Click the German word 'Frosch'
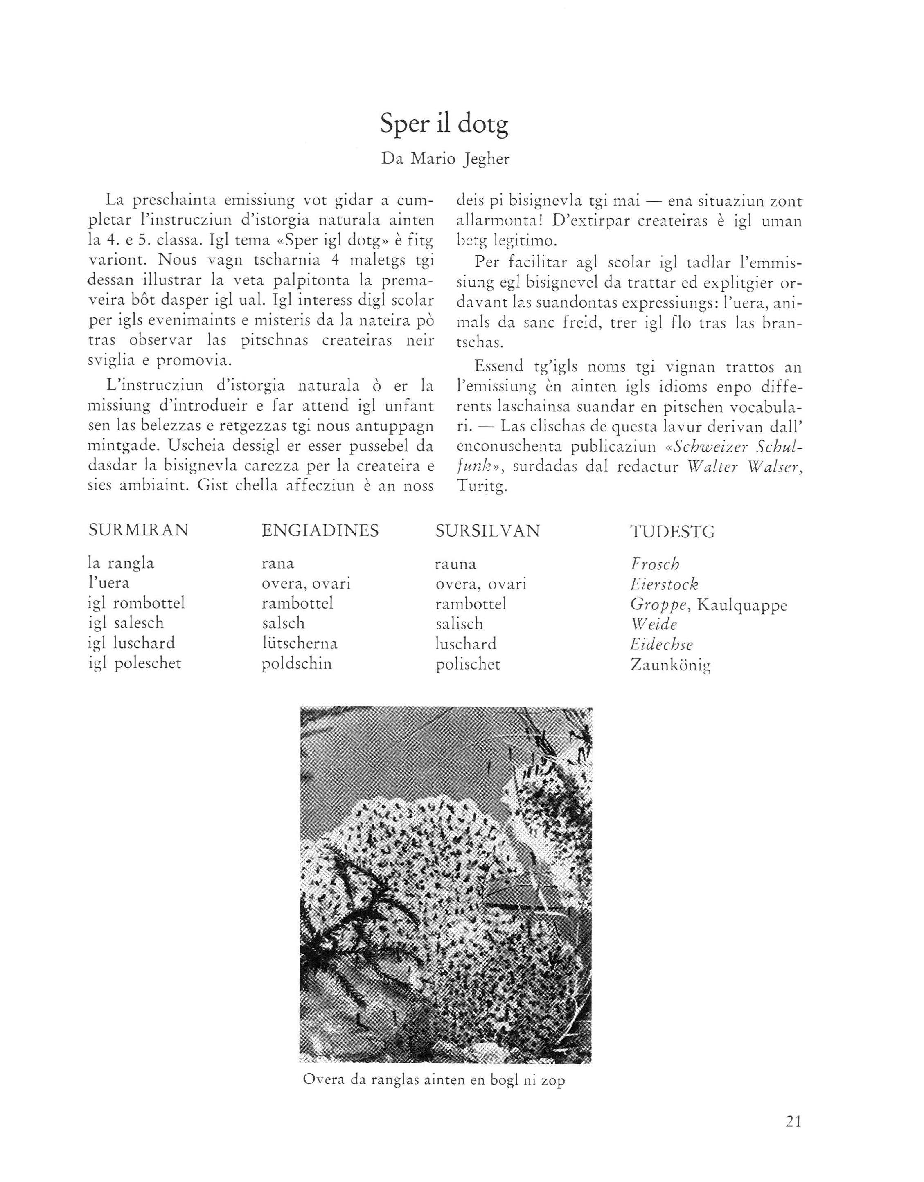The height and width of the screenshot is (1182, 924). click(654, 564)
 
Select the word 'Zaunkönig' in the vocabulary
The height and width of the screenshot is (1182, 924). click(671, 665)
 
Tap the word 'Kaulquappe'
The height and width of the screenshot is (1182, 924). click(741, 604)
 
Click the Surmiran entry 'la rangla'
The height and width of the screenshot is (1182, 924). click(121, 564)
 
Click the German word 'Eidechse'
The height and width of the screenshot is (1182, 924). click(661, 645)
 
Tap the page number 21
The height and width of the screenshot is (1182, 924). click(792, 1121)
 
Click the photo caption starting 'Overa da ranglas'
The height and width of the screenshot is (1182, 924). click(433, 1080)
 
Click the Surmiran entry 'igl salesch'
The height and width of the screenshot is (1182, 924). click(126, 623)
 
